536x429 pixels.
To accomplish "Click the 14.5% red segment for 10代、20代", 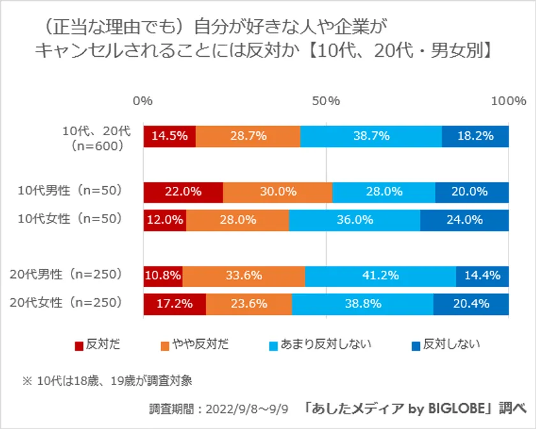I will (x=170, y=136).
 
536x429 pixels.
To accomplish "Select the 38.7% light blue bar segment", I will (x=371, y=136).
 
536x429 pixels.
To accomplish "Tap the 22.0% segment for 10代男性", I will (x=183, y=192).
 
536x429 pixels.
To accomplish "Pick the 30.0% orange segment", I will (x=278, y=192).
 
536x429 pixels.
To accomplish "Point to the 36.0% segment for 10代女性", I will (x=355, y=220).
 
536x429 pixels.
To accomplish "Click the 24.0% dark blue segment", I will (x=465, y=220).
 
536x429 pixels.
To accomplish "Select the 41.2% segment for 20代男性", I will (x=380, y=275).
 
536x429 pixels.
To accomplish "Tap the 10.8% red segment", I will (x=163, y=275).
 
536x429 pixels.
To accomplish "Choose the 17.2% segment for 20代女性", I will (x=175, y=303).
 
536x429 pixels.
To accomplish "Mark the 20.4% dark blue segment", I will (x=471, y=303).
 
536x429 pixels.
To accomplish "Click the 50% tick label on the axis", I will (x=326, y=101).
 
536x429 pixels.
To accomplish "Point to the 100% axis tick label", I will (x=508, y=101).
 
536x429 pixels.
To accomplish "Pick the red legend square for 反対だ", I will (x=79, y=345).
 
